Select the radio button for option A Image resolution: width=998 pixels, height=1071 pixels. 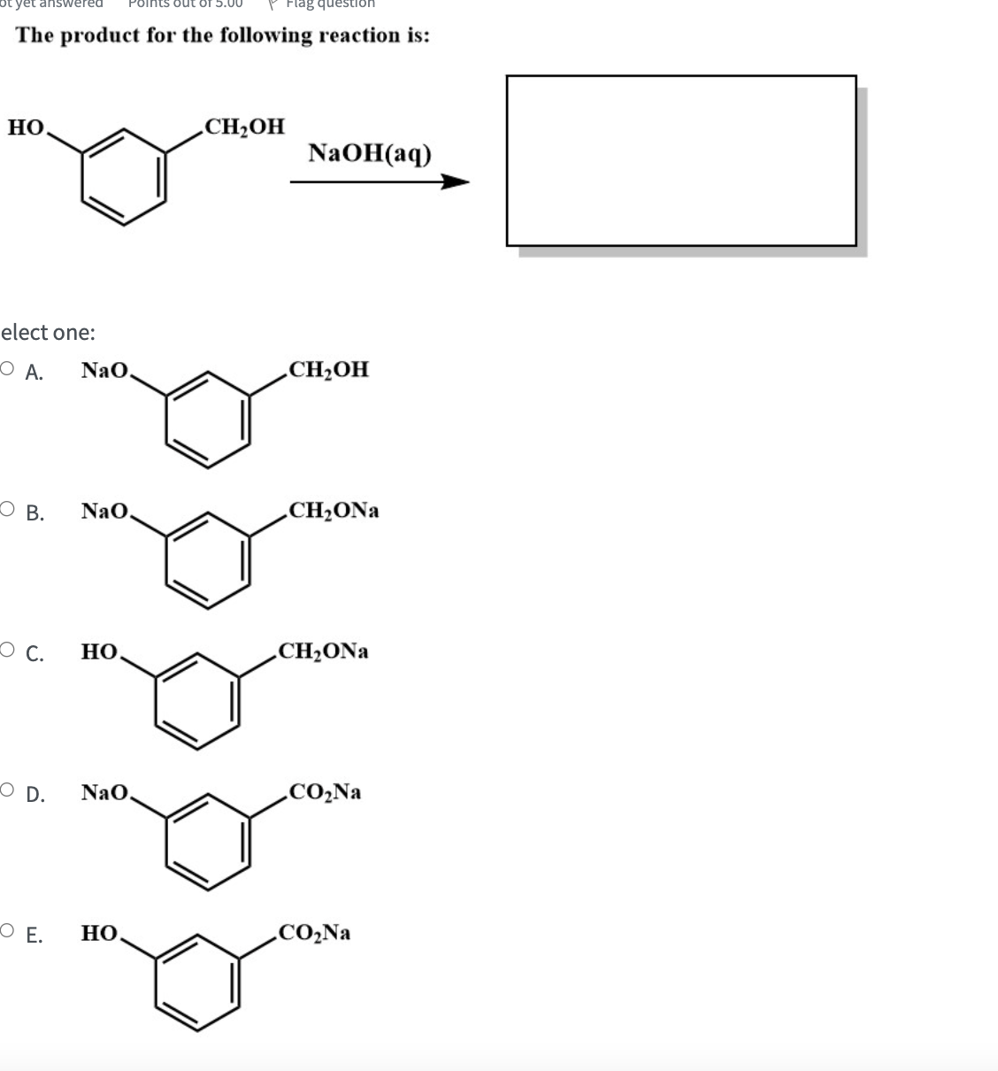[7, 370]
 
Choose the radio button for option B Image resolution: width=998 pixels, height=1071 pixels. [7, 511]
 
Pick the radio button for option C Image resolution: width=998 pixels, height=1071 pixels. [7, 651]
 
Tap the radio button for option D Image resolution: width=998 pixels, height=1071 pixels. [7, 792]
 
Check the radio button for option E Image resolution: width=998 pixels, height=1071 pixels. [7, 932]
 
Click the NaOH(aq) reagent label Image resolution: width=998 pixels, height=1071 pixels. [370, 153]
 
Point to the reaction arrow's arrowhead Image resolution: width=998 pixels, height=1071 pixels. [455, 182]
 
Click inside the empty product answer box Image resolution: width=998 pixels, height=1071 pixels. [680, 160]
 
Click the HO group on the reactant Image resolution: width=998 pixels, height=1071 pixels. [27, 127]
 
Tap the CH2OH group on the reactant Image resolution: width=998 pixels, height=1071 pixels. [244, 127]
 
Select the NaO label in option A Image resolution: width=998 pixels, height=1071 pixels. [105, 370]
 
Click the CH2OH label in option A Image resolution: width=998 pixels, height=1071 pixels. [328, 369]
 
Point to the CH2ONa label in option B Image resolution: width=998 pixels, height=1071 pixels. [334, 511]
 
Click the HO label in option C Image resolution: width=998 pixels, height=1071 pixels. [100, 652]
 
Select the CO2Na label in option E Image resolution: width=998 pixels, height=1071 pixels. [314, 932]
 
